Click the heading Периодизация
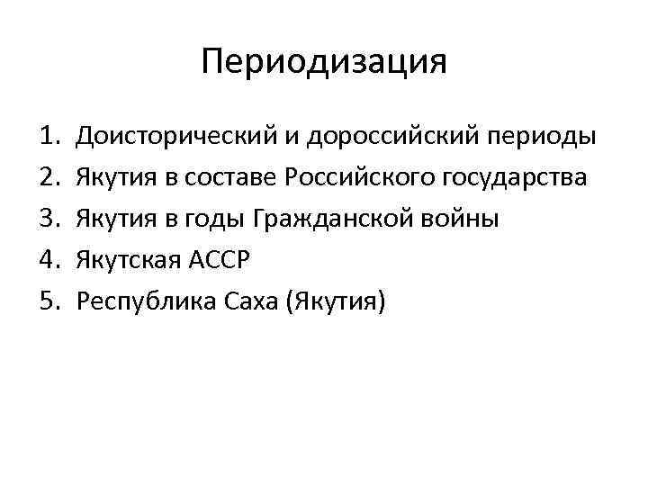point(324,62)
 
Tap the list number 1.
point(49,137)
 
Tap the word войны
point(466,220)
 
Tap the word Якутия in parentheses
point(333,302)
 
